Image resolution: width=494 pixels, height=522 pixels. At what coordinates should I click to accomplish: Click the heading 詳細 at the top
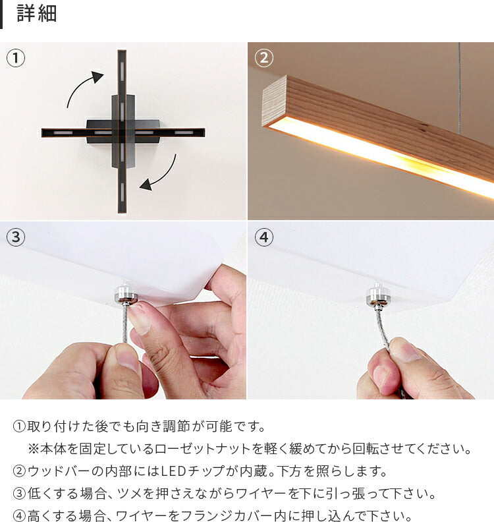pos(37,14)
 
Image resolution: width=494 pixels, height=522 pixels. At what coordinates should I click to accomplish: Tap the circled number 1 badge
pos(16,58)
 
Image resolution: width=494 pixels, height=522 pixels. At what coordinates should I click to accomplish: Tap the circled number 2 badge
pos(263,58)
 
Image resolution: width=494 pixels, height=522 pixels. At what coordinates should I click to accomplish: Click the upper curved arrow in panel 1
pos(84,87)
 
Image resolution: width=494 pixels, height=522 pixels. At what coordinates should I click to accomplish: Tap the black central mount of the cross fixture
pos(123,131)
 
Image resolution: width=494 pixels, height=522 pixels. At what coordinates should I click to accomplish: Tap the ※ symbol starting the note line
pos(34,449)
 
